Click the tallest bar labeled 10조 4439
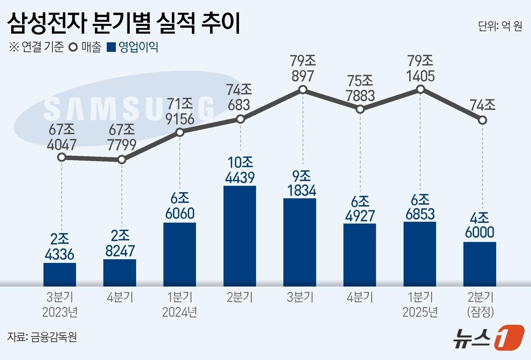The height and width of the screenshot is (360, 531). (x=240, y=236)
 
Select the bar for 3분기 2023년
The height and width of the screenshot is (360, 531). (x=60, y=274)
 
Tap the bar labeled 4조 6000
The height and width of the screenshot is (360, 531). (x=480, y=264)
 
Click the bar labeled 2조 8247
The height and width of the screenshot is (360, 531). (x=120, y=272)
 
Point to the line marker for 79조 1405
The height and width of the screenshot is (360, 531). (x=420, y=89)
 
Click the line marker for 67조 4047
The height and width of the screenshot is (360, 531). (x=61, y=157)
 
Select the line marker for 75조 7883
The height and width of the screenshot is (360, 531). (x=360, y=110)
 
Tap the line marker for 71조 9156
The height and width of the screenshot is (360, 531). (x=180, y=132)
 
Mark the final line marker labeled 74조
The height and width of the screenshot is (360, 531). (x=482, y=120)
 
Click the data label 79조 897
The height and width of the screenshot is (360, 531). (x=303, y=69)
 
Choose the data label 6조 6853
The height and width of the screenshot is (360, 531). (x=420, y=207)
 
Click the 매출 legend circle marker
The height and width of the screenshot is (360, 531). (x=73, y=47)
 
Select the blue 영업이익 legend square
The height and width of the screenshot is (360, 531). (x=112, y=47)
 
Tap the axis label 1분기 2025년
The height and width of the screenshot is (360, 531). (x=420, y=304)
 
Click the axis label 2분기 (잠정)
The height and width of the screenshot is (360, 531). (x=480, y=304)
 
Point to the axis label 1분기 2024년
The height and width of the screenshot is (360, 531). (x=180, y=304)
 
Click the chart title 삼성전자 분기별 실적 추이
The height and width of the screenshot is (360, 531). (x=124, y=23)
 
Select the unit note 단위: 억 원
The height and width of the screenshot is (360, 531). (x=500, y=26)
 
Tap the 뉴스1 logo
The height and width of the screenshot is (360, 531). (x=489, y=337)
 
